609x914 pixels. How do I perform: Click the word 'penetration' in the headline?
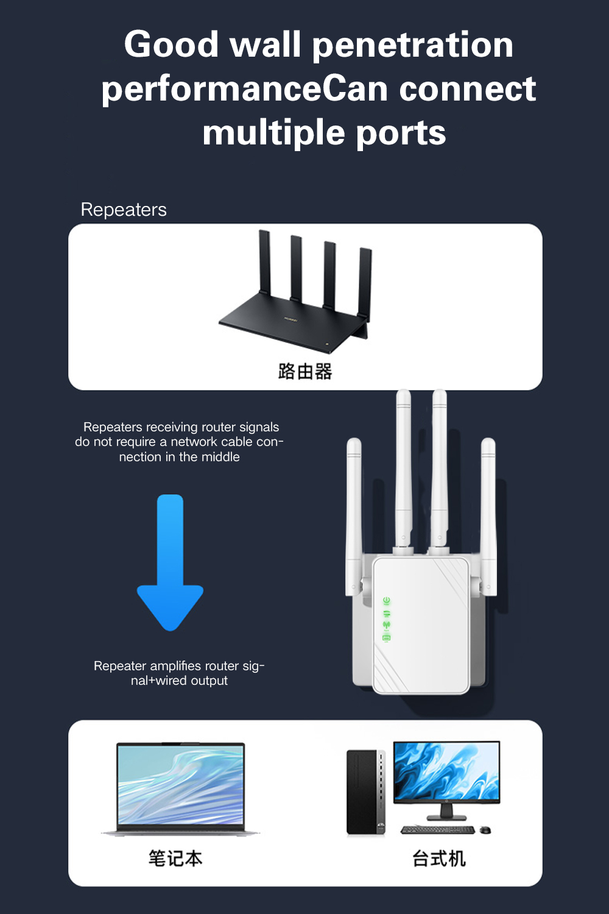coord(412,46)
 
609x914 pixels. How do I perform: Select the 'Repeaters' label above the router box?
coord(124,210)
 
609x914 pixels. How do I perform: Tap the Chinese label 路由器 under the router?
coord(305,371)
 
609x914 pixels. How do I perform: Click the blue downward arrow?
coord(170,561)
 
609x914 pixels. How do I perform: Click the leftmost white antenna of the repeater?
coord(354,512)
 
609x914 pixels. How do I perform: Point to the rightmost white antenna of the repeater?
coord(488,512)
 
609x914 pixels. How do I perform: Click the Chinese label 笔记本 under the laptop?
coord(175,859)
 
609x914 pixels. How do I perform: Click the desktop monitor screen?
coord(446,771)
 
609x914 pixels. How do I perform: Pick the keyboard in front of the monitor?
coord(437,830)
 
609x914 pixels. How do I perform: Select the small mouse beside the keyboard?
coord(485,830)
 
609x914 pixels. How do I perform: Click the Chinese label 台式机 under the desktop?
coord(438,859)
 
